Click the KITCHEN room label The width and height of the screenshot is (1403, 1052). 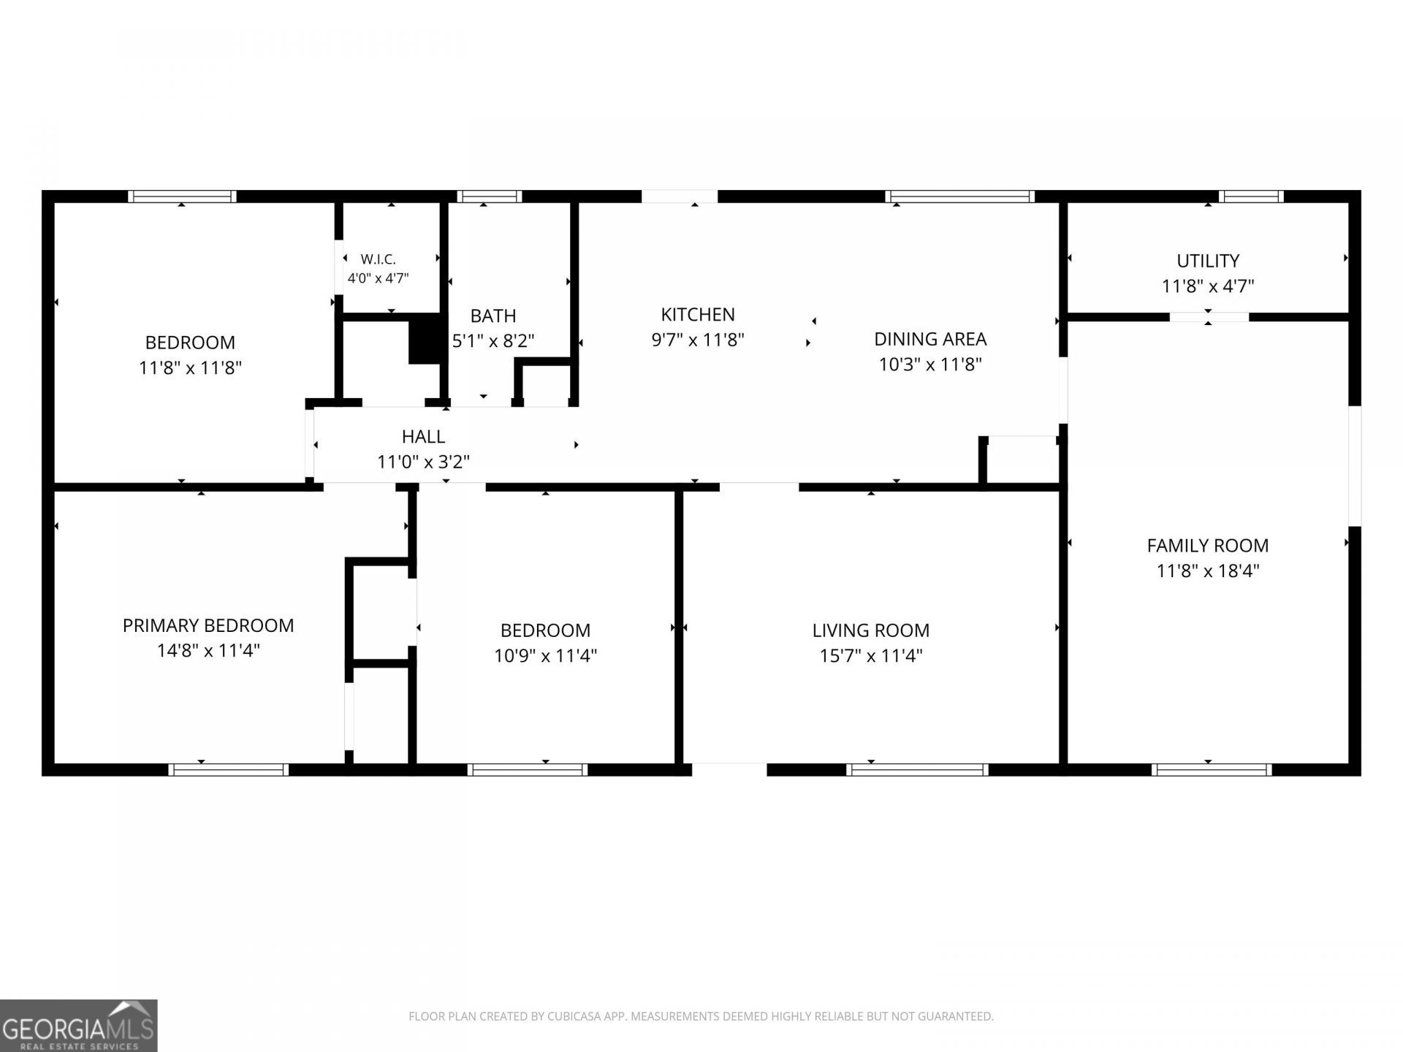pos(698,314)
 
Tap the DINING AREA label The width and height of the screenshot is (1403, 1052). pos(930,339)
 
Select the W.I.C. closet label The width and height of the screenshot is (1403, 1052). pos(378,259)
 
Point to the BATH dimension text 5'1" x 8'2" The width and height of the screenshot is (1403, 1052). pos(493,340)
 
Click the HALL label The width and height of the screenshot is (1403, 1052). pos(423,436)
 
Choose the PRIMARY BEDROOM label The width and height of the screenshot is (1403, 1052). pos(208,625)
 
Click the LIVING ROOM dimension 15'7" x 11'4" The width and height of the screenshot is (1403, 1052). pos(871,655)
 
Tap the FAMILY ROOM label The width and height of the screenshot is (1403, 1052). pos(1208,545)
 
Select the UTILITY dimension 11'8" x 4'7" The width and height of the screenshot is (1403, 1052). pos(1208,286)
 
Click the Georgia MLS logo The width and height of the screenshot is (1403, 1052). pos(78,1026)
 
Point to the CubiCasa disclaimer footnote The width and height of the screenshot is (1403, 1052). pos(701,1016)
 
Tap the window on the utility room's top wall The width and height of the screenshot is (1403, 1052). pos(1251,197)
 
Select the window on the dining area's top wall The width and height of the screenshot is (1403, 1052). pos(959,197)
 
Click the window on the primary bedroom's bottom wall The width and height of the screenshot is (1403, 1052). pos(228,769)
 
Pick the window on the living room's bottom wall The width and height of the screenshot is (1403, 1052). pos(917,769)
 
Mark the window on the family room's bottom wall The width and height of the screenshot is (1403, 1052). pos(1212,769)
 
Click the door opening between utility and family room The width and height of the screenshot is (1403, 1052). pos(1209,317)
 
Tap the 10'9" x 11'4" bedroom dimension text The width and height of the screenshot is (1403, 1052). pos(546,655)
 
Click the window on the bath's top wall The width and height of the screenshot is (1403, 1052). pos(490,197)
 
